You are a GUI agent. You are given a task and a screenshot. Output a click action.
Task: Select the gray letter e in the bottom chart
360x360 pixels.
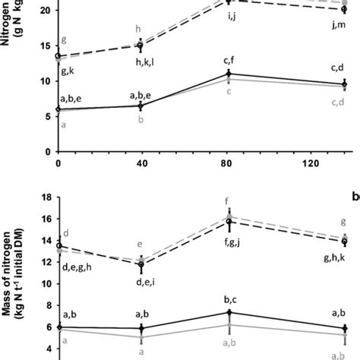tap(139, 244)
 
